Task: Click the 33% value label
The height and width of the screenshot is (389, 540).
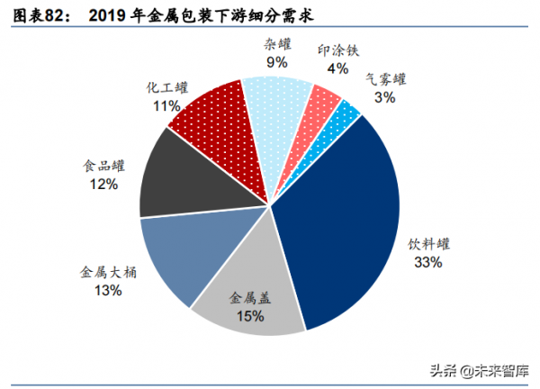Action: coord(427,263)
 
